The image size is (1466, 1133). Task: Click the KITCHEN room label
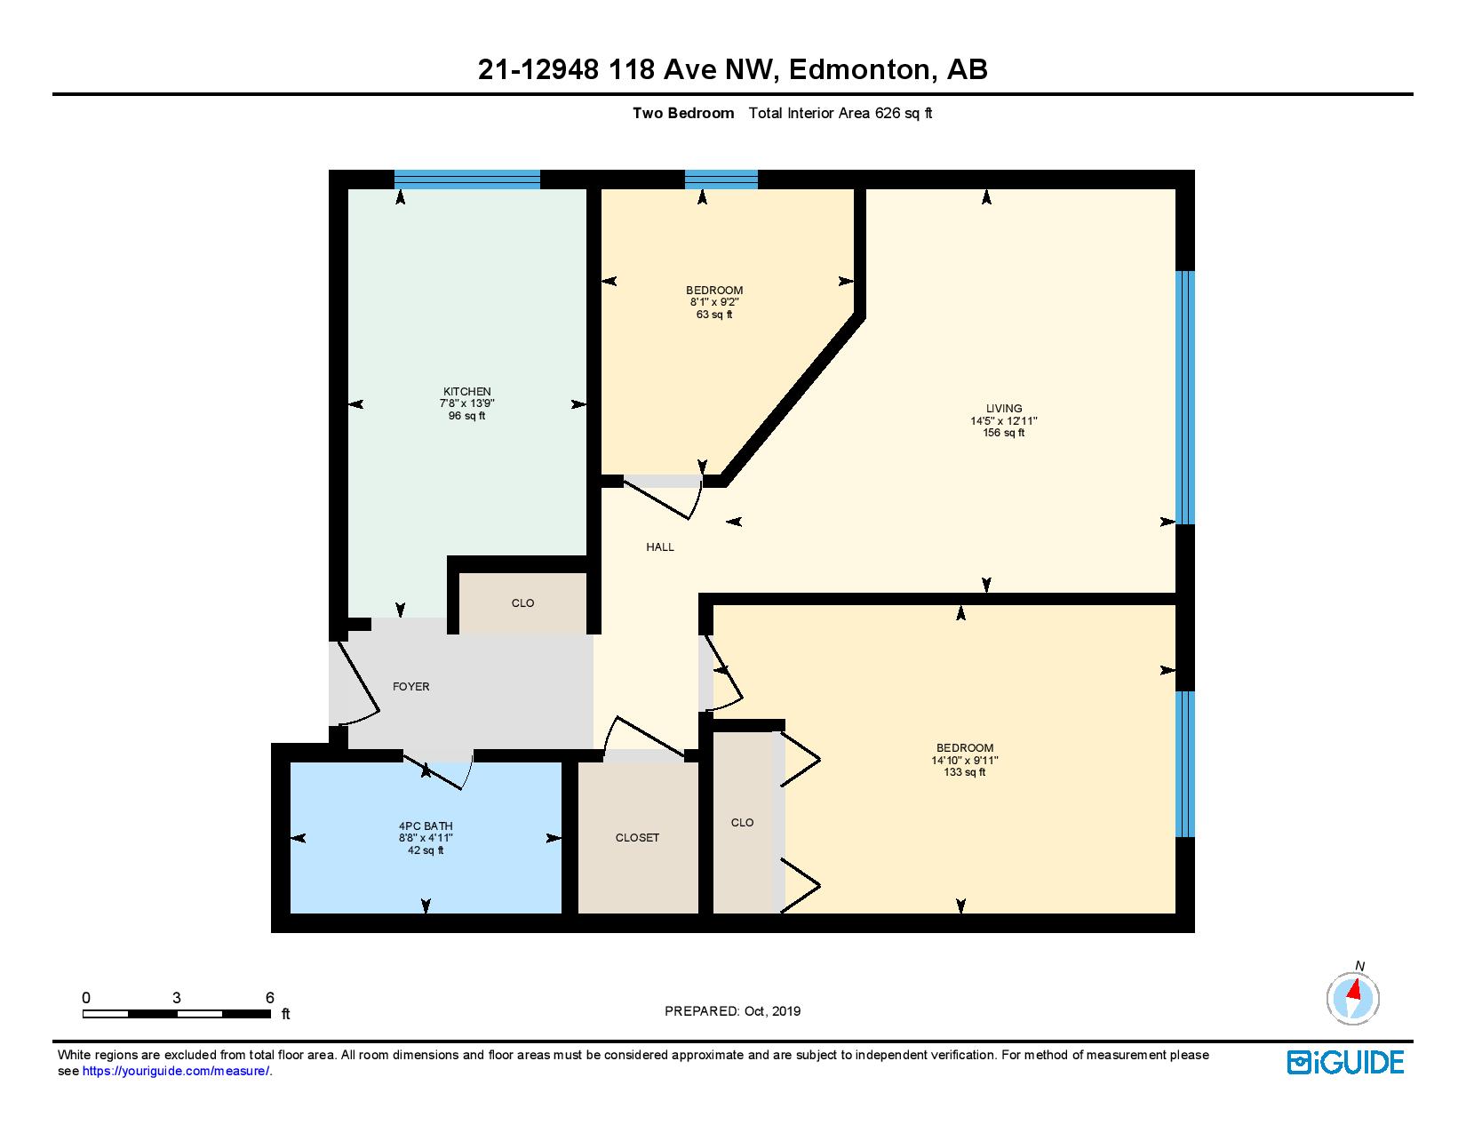pyautogui.click(x=467, y=392)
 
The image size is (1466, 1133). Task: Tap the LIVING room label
pyautogui.click(x=1004, y=409)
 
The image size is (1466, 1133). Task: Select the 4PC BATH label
pyautogui.click(x=426, y=826)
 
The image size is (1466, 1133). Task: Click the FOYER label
pyautogui.click(x=411, y=687)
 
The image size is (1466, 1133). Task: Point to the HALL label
pyautogui.click(x=660, y=547)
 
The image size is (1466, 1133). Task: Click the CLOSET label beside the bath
pyautogui.click(x=637, y=838)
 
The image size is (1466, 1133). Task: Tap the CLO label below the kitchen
pyautogui.click(x=522, y=603)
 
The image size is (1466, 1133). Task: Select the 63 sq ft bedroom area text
pyautogui.click(x=714, y=315)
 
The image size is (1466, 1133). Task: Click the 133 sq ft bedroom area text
pyautogui.click(x=965, y=772)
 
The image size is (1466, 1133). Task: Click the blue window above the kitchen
pyautogui.click(x=467, y=180)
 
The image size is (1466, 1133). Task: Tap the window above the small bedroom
pyautogui.click(x=721, y=180)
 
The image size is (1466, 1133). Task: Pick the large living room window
pyautogui.click(x=1185, y=397)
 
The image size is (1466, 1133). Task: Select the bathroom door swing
pyautogui.click(x=440, y=771)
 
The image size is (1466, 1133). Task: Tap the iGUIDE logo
pyautogui.click(x=1346, y=1062)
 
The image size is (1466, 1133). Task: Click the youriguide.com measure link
pyautogui.click(x=176, y=1072)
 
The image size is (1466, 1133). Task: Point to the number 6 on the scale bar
pyautogui.click(x=270, y=998)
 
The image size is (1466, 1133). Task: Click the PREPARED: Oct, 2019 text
pyautogui.click(x=733, y=1011)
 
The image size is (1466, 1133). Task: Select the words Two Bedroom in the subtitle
pyautogui.click(x=683, y=113)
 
